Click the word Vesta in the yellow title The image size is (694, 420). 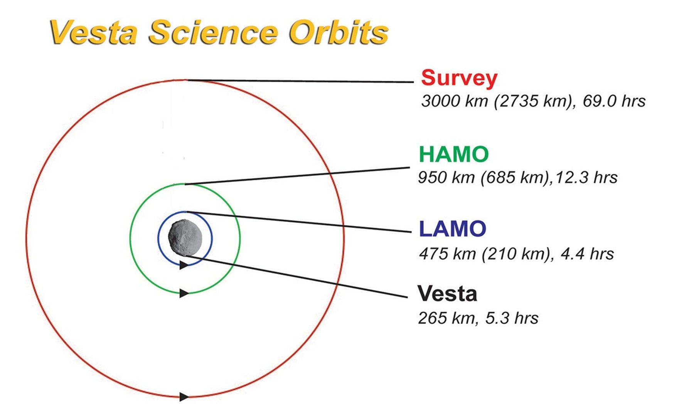94,32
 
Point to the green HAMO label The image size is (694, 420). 454,154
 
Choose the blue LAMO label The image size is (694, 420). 453,228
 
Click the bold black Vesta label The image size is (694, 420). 447,293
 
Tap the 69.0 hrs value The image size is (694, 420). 614,101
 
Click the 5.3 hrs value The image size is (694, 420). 512,318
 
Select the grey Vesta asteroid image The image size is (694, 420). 185,237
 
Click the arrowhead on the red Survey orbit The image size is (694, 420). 184,396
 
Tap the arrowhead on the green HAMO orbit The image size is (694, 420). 184,293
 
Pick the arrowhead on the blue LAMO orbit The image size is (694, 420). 184,265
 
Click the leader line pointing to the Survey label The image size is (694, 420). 300,81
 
